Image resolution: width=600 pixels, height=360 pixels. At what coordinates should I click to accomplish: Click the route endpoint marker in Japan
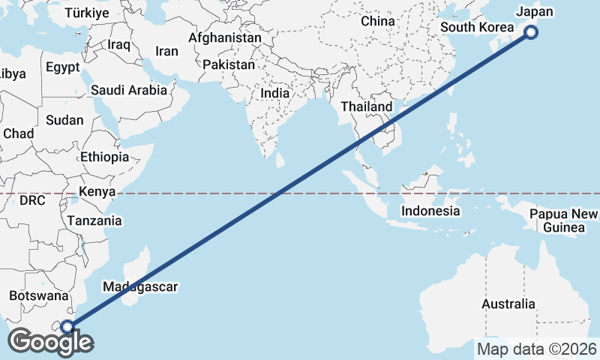531,31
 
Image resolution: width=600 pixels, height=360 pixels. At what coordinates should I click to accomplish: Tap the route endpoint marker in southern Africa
67,326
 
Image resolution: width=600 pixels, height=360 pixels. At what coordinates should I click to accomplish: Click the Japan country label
535,12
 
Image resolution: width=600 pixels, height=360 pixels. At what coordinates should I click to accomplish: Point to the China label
377,21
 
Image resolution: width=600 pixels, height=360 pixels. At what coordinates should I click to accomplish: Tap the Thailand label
366,106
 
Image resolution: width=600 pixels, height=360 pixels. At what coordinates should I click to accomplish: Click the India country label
274,94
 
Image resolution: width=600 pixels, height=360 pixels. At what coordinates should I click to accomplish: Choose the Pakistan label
229,65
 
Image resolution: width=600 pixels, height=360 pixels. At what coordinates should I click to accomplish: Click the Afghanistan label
225,37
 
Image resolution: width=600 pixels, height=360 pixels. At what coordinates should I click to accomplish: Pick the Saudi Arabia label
128,90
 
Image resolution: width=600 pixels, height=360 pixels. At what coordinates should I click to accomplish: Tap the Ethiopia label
104,157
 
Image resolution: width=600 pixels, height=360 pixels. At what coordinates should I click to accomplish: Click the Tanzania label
94,221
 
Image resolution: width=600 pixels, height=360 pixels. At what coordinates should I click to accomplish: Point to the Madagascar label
140,287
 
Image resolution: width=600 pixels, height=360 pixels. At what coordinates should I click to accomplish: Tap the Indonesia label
430,211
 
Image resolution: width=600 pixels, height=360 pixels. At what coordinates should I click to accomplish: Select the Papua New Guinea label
563,221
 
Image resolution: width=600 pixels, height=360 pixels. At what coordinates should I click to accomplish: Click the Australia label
508,304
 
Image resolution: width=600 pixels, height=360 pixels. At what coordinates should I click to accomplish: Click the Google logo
50,342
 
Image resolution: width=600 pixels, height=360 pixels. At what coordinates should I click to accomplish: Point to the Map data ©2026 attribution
537,349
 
